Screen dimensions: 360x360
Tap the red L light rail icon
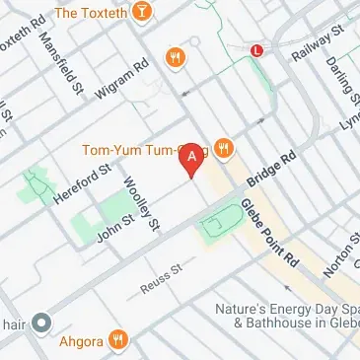tap(257, 48)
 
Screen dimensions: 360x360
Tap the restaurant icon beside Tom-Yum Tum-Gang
tap(224, 149)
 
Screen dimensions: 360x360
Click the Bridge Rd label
tap(272, 169)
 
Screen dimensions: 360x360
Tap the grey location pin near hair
tap(41, 323)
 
